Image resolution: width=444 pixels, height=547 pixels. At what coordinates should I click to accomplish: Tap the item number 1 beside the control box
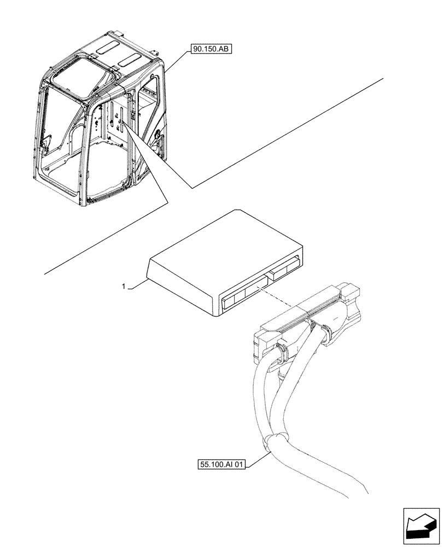pyautogui.click(x=124, y=287)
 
